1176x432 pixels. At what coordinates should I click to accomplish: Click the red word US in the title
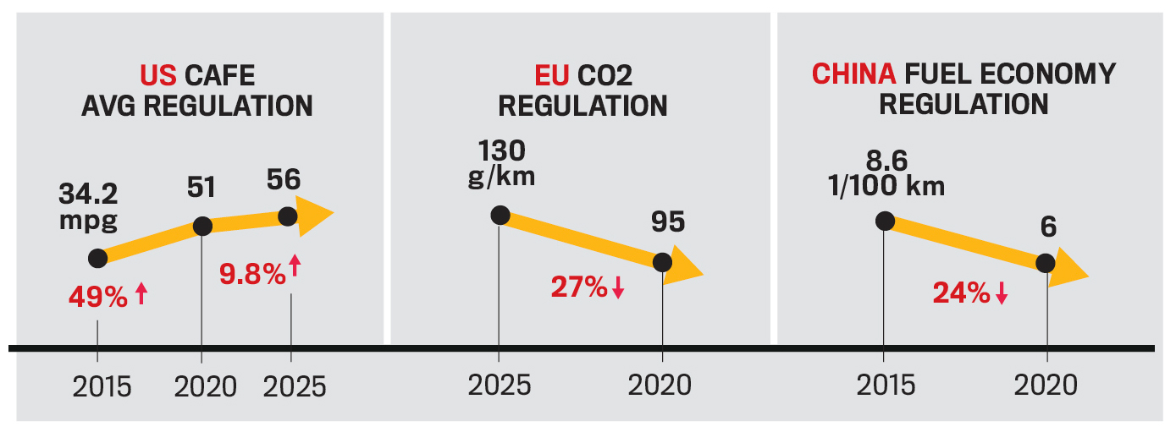point(157,75)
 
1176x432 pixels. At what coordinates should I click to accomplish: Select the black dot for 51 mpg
point(202,226)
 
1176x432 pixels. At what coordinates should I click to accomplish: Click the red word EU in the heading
point(552,75)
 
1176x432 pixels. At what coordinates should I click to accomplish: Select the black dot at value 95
point(663,262)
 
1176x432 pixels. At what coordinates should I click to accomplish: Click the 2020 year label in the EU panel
point(660,386)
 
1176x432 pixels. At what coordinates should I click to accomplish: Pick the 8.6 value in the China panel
point(886,161)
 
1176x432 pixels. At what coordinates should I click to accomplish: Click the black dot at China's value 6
point(1046,262)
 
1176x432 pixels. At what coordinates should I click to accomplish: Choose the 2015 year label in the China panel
point(885,386)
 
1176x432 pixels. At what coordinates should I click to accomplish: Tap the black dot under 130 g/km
point(500,215)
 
